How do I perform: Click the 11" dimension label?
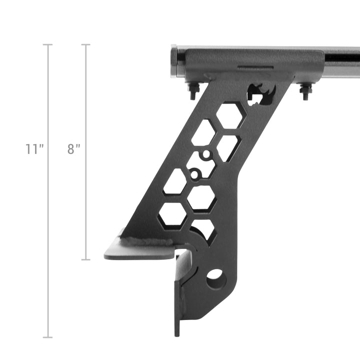tap(34, 149)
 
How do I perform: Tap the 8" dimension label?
tap(74, 149)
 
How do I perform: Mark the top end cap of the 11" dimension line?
tap(48, 45)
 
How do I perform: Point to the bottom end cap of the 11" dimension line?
tap(48, 337)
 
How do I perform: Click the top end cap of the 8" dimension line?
tap(86, 45)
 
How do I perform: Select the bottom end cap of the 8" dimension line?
tap(86, 259)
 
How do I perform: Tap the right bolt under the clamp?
tap(305, 90)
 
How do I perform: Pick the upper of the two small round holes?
tap(205, 155)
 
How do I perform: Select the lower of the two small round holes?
tap(194, 175)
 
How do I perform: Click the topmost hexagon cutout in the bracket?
tap(230, 115)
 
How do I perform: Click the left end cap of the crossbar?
tap(174, 62)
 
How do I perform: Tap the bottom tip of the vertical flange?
tap(177, 332)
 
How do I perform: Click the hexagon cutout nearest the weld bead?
tap(172, 214)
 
